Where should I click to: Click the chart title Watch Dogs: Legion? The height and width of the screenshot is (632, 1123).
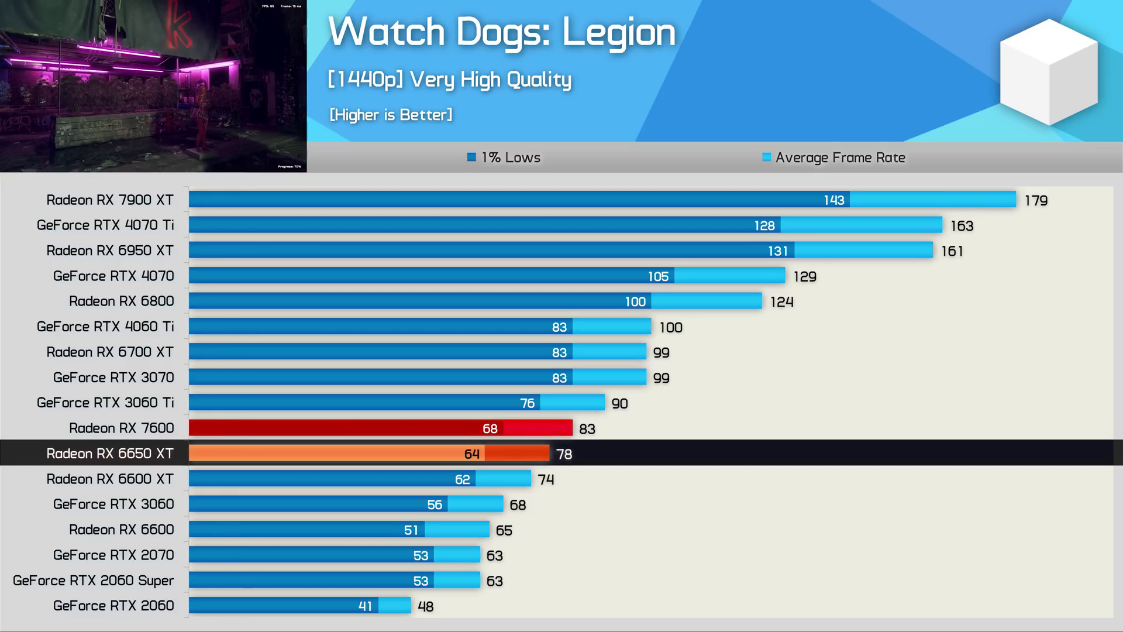pyautogui.click(x=502, y=32)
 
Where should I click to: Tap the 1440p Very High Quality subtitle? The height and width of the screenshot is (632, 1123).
pyautogui.click(x=449, y=80)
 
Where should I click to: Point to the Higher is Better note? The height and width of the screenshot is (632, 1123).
pyautogui.click(x=391, y=115)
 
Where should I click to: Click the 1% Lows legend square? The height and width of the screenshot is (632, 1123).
pyautogui.click(x=471, y=157)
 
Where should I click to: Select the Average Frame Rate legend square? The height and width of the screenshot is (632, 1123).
pyautogui.click(x=766, y=157)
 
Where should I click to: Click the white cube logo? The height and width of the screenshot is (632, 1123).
pyautogui.click(x=1049, y=72)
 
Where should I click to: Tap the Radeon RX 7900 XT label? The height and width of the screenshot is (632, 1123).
pyautogui.click(x=110, y=200)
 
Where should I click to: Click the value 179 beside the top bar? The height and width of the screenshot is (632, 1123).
pyautogui.click(x=1036, y=201)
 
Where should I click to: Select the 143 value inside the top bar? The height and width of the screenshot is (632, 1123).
pyautogui.click(x=833, y=200)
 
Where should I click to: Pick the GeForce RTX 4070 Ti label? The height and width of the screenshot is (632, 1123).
pyautogui.click(x=105, y=225)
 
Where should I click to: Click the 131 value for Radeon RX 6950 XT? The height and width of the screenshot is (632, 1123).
pyautogui.click(x=777, y=251)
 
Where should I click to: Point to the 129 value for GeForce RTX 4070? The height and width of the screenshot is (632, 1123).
pyautogui.click(x=805, y=276)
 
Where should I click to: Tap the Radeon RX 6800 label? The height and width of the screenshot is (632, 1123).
pyautogui.click(x=122, y=301)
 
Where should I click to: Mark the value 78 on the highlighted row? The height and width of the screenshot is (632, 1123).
pyautogui.click(x=564, y=454)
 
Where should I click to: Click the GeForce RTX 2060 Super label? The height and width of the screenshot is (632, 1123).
pyautogui.click(x=94, y=581)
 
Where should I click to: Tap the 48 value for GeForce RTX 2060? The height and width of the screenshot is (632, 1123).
pyautogui.click(x=425, y=607)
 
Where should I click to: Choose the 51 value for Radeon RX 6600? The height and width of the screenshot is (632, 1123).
pyautogui.click(x=411, y=530)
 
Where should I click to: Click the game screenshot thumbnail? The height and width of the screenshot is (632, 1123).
pyautogui.click(x=153, y=86)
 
